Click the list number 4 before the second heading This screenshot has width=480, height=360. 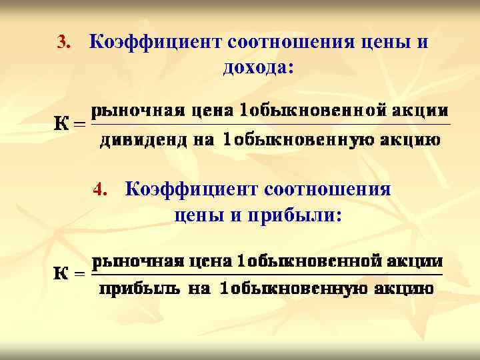tap(100, 191)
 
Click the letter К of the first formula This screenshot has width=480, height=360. tap(61, 124)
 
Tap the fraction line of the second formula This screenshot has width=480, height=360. tap(267, 274)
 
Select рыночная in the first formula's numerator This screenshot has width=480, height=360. tap(129, 110)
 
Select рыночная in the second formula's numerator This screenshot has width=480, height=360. tap(129, 260)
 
